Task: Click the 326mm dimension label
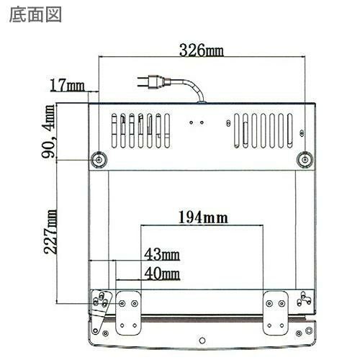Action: pos(202,50)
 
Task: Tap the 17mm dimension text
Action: pos(67,85)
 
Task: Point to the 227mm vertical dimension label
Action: pos(50,232)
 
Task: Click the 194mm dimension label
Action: pos(203,217)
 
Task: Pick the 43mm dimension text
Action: pos(162,254)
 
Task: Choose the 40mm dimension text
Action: pos(162,274)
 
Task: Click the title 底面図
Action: pos(35,15)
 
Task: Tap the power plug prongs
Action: pos(143,81)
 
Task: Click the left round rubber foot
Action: pos(99,159)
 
